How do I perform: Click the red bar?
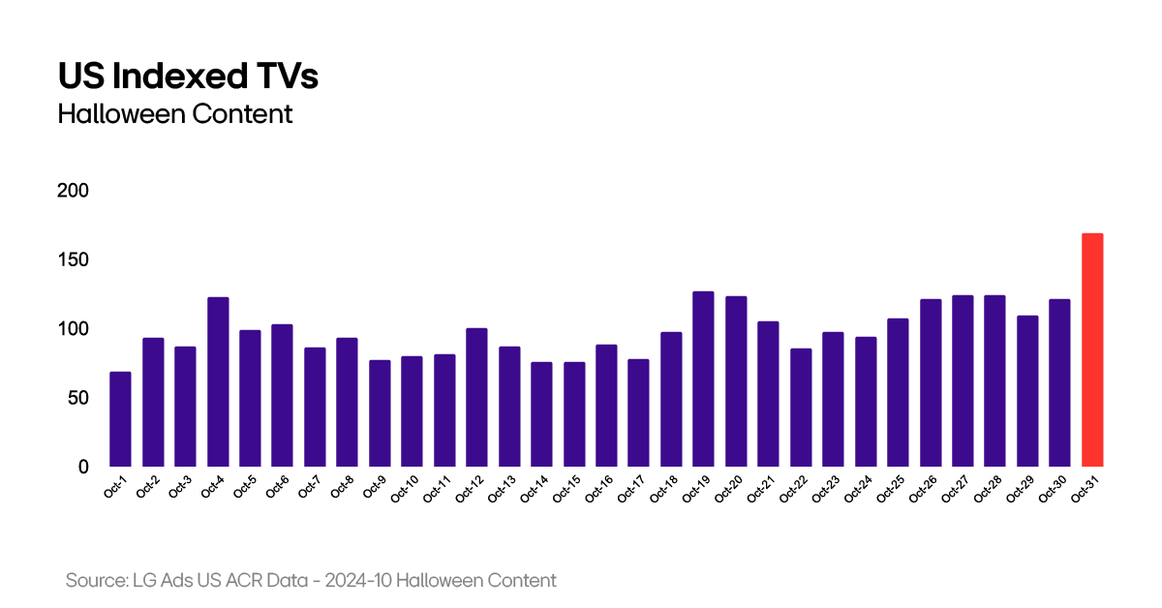pyautogui.click(x=1092, y=350)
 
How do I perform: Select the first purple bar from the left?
pyautogui.click(x=120, y=418)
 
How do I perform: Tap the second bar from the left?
pyautogui.click(x=153, y=402)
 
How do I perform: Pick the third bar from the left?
pyautogui.click(x=185, y=406)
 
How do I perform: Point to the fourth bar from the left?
pyautogui.click(x=218, y=381)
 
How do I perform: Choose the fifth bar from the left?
pyautogui.click(x=250, y=398)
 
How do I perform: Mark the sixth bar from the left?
pyautogui.click(x=282, y=395)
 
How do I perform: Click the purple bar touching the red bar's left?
pyautogui.click(x=1059, y=382)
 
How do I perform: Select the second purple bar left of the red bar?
pyautogui.click(x=1027, y=390)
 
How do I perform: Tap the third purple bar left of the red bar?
pyautogui.click(x=994, y=380)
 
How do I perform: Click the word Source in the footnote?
pyautogui.click(x=95, y=581)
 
